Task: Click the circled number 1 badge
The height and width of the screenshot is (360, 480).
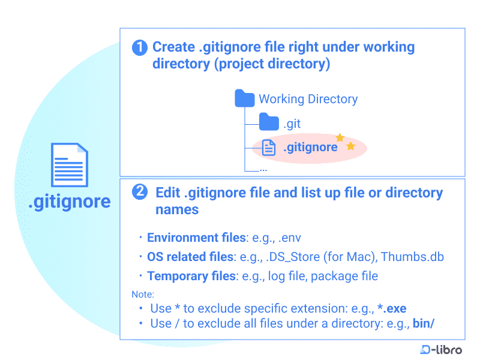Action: tap(140, 47)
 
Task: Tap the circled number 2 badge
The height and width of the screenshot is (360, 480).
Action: tap(140, 192)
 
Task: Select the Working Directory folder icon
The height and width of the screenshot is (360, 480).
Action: tap(244, 98)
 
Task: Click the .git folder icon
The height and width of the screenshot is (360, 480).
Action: tap(269, 123)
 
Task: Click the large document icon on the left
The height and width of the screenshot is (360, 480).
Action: tap(69, 165)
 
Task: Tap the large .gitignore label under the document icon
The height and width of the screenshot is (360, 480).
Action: tap(70, 202)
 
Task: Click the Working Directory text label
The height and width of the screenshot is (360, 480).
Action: tap(308, 99)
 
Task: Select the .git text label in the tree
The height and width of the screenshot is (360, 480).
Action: tap(292, 124)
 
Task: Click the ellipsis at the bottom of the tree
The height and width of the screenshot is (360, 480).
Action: tap(263, 170)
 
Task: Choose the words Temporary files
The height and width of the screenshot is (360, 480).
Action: tap(191, 276)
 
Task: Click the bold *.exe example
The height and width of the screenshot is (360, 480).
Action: tap(392, 308)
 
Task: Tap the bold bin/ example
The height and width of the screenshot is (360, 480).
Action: tap(423, 323)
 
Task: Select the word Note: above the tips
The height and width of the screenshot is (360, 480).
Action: tap(143, 295)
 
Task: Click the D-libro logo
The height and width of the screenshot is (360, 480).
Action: tap(441, 349)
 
